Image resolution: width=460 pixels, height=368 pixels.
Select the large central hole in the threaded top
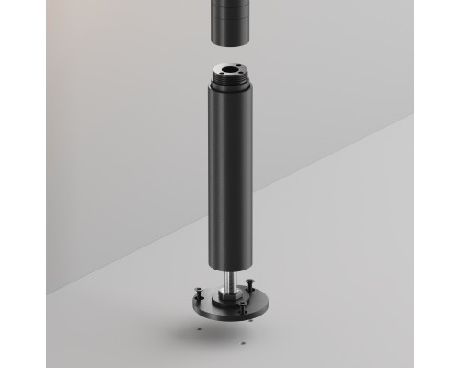tap(231, 68)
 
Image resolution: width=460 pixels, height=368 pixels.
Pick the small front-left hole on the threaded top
tap(221, 73)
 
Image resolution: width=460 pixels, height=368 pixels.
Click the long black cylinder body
tap(229, 175)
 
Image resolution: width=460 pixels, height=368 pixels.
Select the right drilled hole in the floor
tap(243, 343)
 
